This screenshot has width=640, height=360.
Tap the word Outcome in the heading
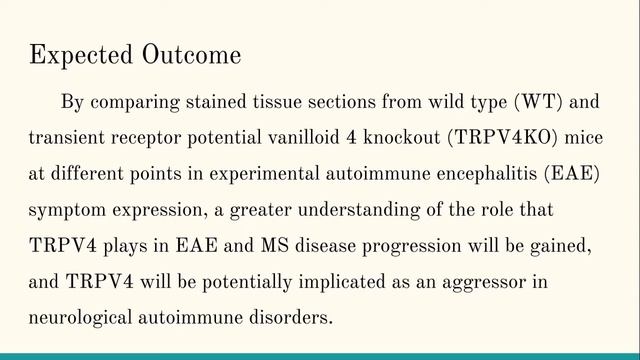191,55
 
